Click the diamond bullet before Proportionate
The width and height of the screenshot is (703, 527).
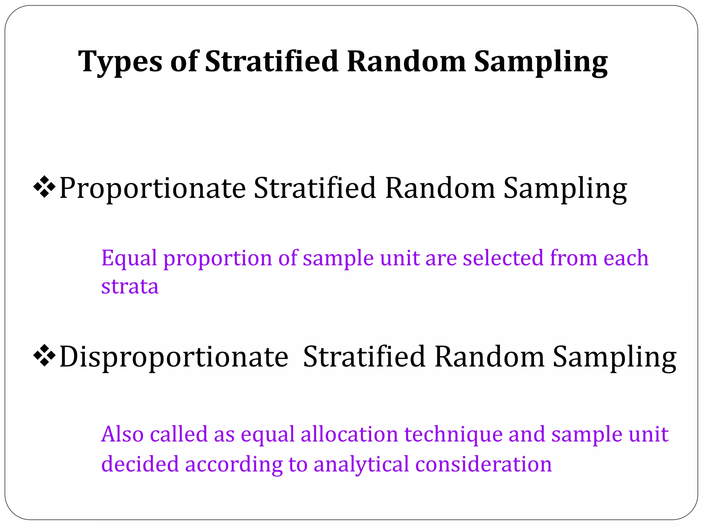point(44,187)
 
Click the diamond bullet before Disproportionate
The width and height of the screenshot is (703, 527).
point(44,356)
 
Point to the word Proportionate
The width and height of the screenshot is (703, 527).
point(152,189)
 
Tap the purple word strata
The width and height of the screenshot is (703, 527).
point(130,286)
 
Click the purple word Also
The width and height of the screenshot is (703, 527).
point(122,434)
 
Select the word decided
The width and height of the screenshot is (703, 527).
point(140,464)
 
